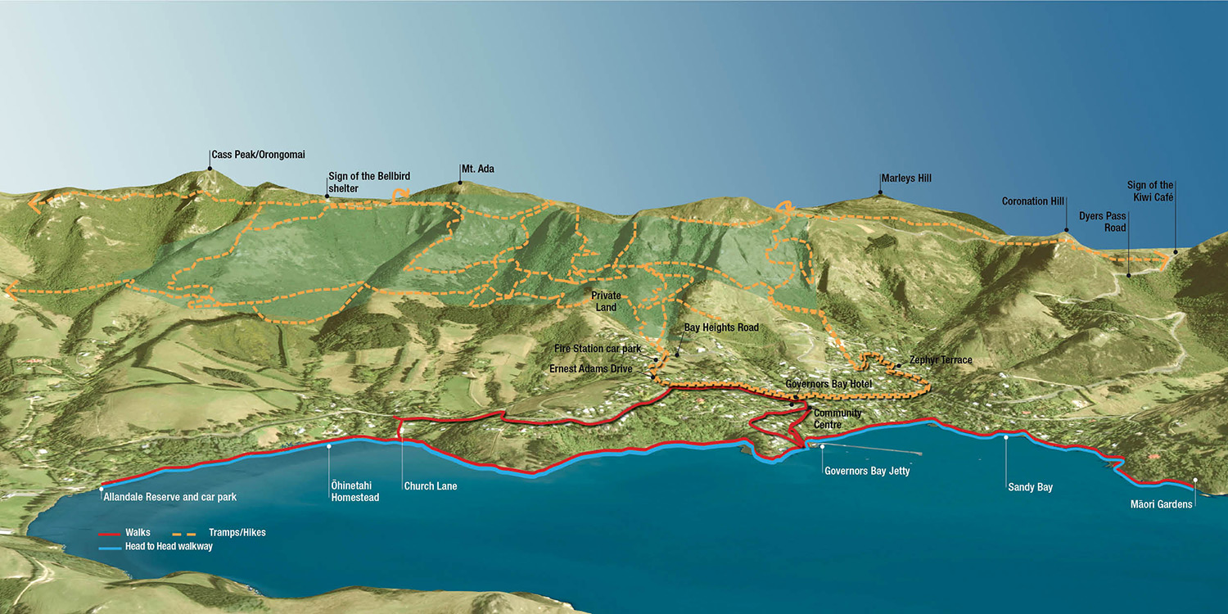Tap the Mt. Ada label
pyautogui.click(x=477, y=169)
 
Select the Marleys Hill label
pyautogui.click(x=905, y=178)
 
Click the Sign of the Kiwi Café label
pyautogui.click(x=1149, y=191)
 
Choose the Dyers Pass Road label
pyautogui.click(x=1102, y=222)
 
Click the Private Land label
pyautogui.click(x=607, y=300)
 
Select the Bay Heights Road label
pyautogui.click(x=721, y=327)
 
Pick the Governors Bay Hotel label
pyautogui.click(x=828, y=384)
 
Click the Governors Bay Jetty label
pyautogui.click(x=867, y=472)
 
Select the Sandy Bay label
pyautogui.click(x=1030, y=487)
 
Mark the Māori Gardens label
pyautogui.click(x=1161, y=504)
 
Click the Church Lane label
pyautogui.click(x=430, y=486)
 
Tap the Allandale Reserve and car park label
pyautogui.click(x=169, y=497)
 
